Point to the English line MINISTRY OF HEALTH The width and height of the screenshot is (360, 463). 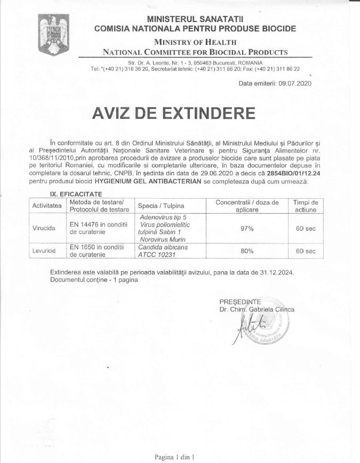(195, 42)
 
